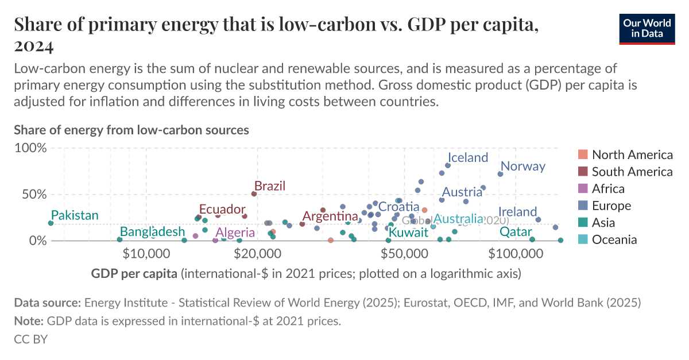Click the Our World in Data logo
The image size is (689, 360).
coord(647,27)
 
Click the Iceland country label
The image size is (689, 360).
coord(467,157)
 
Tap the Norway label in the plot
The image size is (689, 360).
coord(523,167)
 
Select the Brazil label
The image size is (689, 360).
coord(270,186)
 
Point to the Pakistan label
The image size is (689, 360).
coord(75,215)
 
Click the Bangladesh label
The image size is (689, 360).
coord(153,232)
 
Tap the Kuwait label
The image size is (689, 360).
coord(408,233)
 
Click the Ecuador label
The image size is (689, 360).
coord(222,210)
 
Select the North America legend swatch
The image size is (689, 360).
coord(583,154)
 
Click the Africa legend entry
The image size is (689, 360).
coord(608,189)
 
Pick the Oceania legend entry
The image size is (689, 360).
coord(614,240)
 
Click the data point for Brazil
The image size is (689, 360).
coord(254,194)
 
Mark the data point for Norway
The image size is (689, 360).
coord(500,174)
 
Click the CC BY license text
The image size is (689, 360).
coord(30,339)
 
